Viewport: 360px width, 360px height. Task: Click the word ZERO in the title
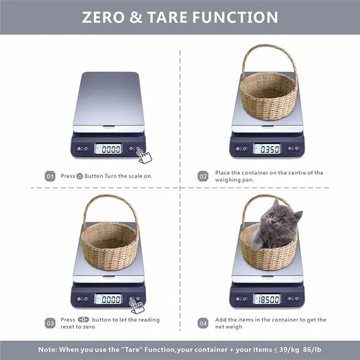104,17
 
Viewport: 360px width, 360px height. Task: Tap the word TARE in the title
167,17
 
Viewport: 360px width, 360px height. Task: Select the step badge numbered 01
50,176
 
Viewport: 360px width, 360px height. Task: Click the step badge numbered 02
203,176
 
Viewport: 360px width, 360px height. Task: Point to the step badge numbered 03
50,323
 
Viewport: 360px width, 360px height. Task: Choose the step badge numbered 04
203,323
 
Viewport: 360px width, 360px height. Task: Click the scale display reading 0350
267,149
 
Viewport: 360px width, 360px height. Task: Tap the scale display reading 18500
267,299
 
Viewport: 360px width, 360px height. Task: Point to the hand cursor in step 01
144,156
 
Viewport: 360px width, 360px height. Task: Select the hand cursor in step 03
137,306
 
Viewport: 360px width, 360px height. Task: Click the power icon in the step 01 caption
80,176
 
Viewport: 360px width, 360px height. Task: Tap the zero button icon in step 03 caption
84,320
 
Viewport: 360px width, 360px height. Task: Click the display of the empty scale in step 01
108,149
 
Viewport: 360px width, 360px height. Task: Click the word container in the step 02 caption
255,173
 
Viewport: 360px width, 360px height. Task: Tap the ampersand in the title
136,17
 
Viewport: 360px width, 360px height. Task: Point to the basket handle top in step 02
269,47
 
